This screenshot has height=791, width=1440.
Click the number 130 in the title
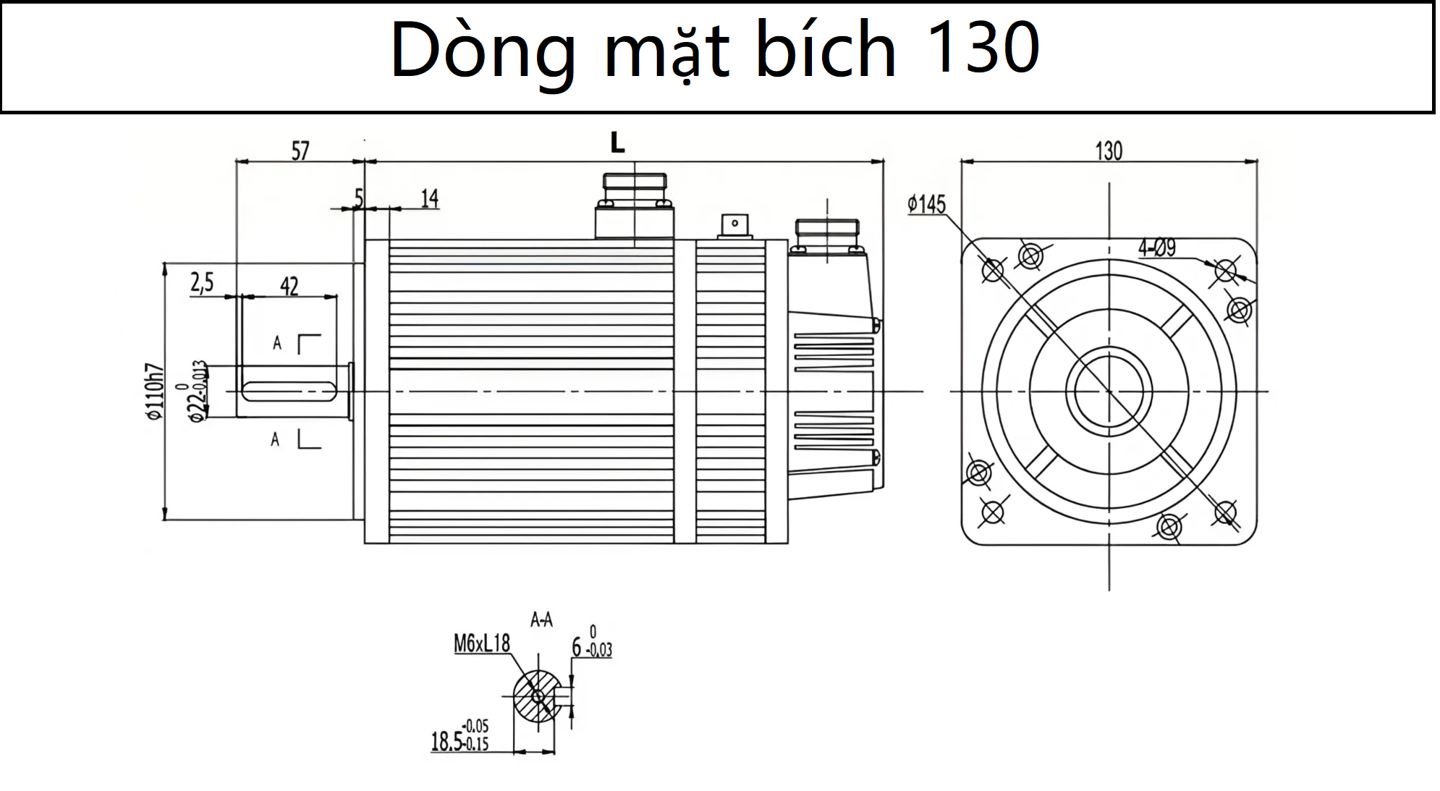(x=982, y=49)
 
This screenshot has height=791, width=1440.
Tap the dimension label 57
(x=300, y=151)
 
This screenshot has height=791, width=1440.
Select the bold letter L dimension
(x=617, y=143)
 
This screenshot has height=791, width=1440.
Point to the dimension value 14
(x=430, y=198)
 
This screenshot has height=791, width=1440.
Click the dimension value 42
(x=289, y=287)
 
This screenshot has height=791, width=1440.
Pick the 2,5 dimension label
(x=203, y=282)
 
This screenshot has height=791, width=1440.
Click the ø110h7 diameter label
(x=154, y=392)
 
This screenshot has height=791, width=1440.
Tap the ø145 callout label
(x=927, y=204)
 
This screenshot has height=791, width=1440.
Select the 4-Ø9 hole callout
(x=1157, y=248)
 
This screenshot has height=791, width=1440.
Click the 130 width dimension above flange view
(x=1109, y=151)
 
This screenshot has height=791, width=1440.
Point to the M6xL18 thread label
(x=482, y=643)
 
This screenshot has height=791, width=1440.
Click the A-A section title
(x=541, y=619)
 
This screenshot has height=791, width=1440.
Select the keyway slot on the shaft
(x=289, y=392)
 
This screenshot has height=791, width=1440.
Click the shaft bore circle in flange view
(x=1109, y=392)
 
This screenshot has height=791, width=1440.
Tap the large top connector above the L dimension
(x=635, y=206)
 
